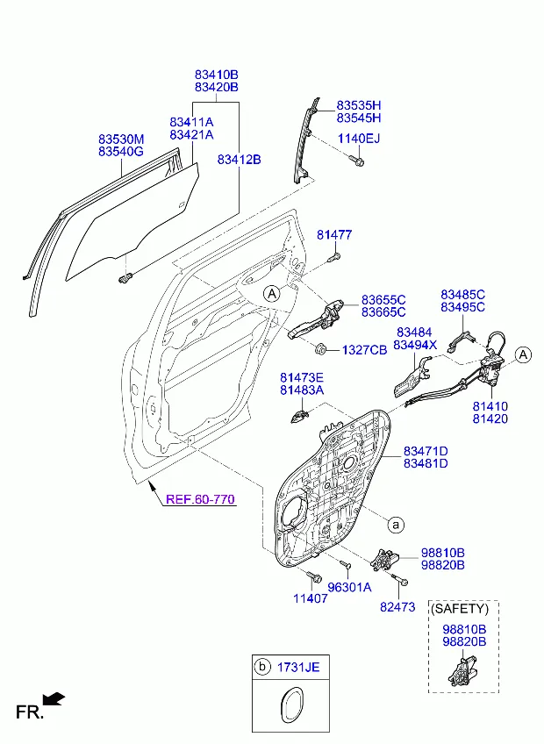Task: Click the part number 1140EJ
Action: (x=360, y=139)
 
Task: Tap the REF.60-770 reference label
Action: (x=200, y=499)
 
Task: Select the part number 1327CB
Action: (x=365, y=349)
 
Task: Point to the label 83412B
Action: (x=240, y=159)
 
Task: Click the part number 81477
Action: (x=334, y=235)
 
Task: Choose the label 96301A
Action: (x=349, y=587)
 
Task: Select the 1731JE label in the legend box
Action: (x=299, y=668)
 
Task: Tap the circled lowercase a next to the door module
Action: (x=396, y=525)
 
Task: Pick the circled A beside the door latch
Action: (x=523, y=354)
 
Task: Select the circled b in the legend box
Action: (x=261, y=668)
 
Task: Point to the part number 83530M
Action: (x=121, y=139)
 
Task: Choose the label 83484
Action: (x=414, y=333)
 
